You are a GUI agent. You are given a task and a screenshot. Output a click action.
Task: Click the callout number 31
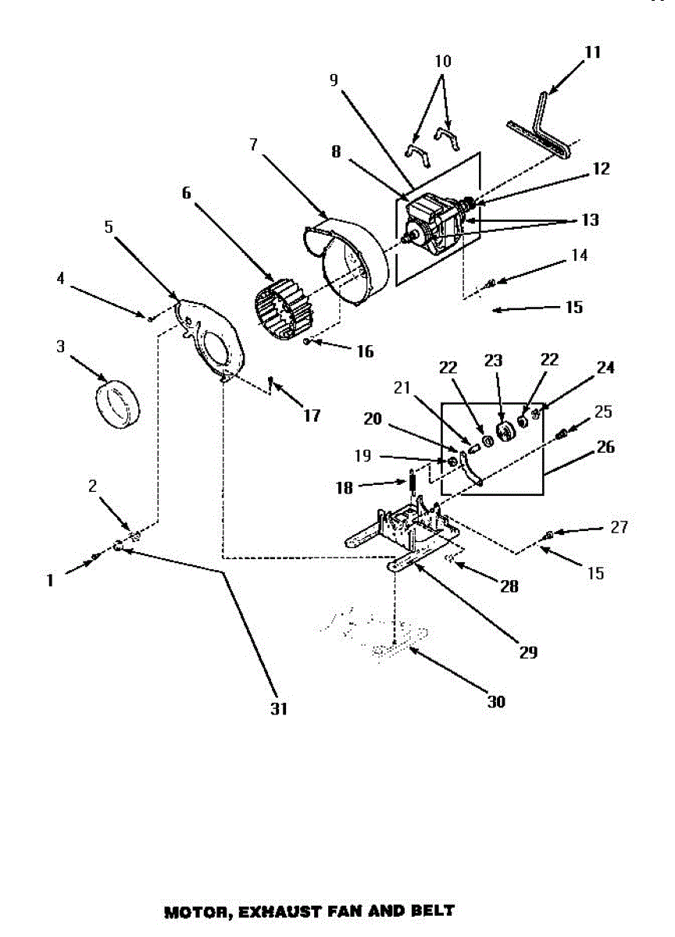[x=280, y=709]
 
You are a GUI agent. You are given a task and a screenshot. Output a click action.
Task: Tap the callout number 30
[x=496, y=701]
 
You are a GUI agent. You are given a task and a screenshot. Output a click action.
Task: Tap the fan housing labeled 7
[x=352, y=250]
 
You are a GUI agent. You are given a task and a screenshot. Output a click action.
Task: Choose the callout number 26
[x=605, y=447]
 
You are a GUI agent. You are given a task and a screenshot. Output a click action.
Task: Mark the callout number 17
[x=311, y=415]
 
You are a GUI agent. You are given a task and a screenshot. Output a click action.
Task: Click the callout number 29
[x=529, y=652]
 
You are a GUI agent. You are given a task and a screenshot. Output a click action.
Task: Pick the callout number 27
[x=619, y=527]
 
